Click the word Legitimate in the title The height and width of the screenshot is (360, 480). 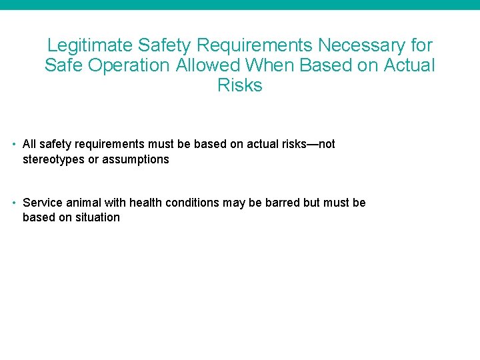[x=90, y=46]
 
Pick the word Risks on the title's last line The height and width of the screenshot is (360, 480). [x=240, y=85]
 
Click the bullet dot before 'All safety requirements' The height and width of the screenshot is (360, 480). [x=14, y=144]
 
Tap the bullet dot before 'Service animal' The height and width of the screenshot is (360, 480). [x=14, y=203]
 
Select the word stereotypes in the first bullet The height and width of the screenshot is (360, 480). [x=53, y=159]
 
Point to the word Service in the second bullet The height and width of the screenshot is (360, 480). [x=41, y=203]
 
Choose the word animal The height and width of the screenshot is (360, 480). [x=79, y=203]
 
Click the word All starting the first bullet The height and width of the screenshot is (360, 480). [x=29, y=144]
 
